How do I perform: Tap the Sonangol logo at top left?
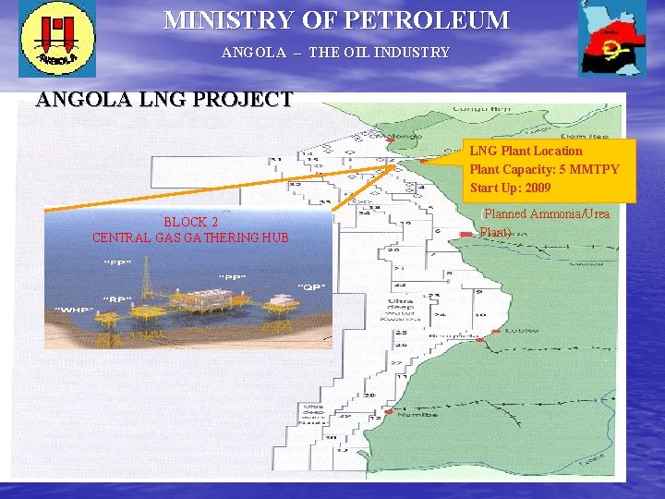point(57,40)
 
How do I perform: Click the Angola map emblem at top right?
point(612,39)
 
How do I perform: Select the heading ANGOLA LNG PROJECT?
point(164,100)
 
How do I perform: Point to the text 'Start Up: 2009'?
point(510,188)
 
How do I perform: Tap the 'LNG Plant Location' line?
point(526,151)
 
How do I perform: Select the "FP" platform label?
point(117,264)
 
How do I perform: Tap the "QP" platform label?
point(311,286)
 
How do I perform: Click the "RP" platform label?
point(116,298)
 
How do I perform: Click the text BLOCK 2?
point(190,223)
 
